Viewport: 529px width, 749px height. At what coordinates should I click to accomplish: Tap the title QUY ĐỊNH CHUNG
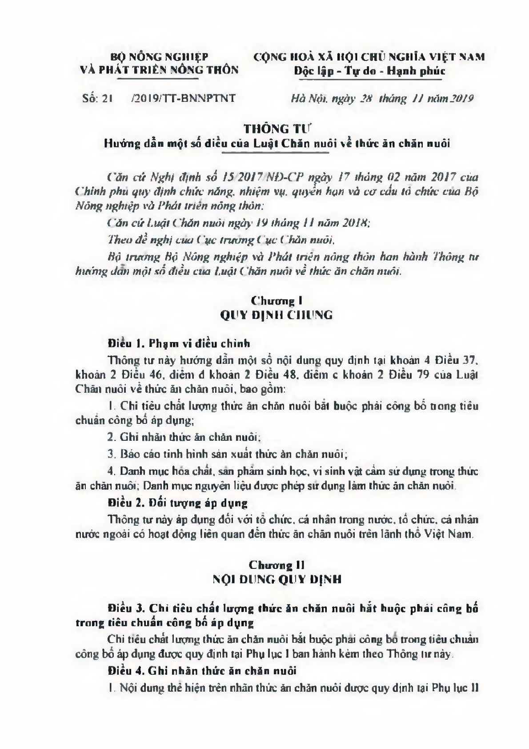[x=277, y=315]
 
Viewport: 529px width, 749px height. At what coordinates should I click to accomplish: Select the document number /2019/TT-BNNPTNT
[x=183, y=98]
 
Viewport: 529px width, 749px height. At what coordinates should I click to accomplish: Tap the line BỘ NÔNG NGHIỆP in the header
[x=159, y=57]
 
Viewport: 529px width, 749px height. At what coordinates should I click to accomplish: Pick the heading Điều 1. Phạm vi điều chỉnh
[x=179, y=343]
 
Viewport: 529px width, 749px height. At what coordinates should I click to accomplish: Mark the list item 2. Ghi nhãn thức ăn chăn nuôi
[x=184, y=437]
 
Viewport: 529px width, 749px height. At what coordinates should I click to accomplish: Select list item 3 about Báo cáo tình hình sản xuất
[x=227, y=454]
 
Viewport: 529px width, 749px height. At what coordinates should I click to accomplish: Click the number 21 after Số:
[x=105, y=98]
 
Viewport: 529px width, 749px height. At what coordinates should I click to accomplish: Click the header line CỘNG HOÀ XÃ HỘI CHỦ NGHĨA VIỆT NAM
[x=369, y=57]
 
